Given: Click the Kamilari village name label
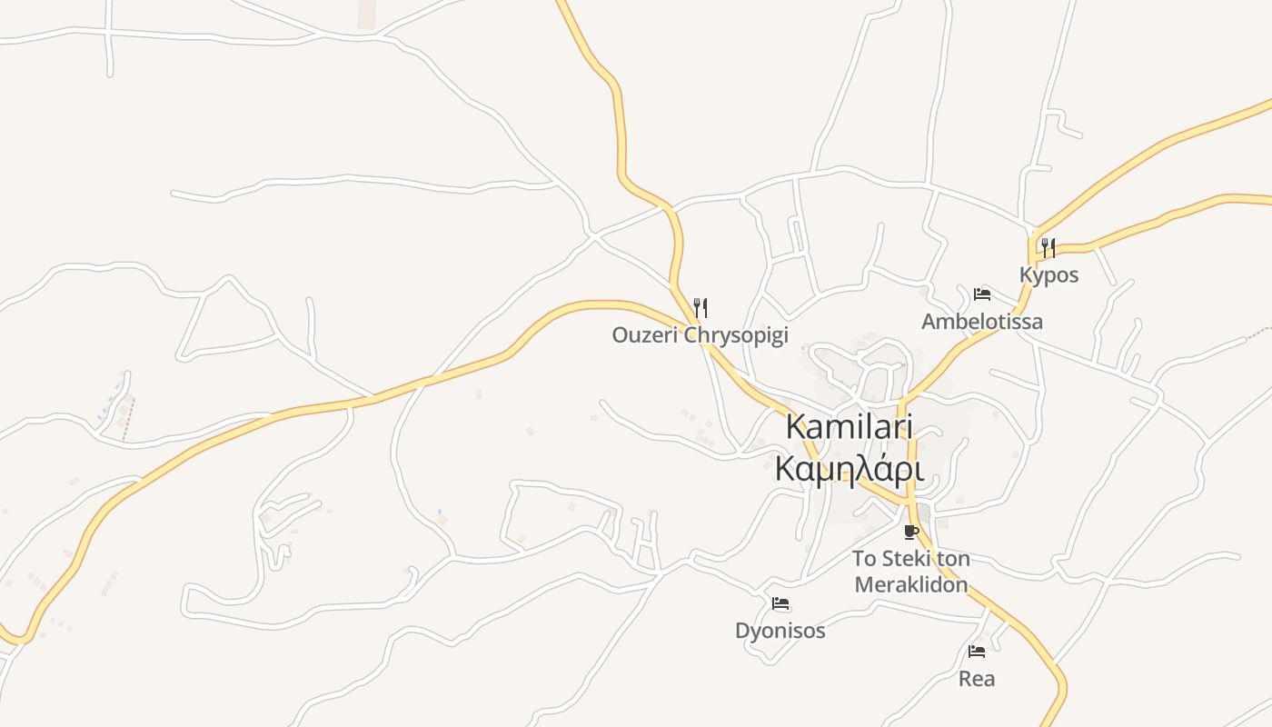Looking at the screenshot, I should pyautogui.click(x=849, y=427).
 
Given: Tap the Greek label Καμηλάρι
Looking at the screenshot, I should pyautogui.click(x=849, y=469).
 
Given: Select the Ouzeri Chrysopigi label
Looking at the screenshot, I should pyautogui.click(x=700, y=335).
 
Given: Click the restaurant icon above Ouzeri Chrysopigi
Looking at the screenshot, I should pyautogui.click(x=700, y=308).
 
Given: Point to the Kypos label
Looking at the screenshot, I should pyautogui.click(x=1048, y=275).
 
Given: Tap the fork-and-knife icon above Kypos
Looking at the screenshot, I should pyautogui.click(x=1048, y=247).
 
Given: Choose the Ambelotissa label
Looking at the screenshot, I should pyautogui.click(x=982, y=322).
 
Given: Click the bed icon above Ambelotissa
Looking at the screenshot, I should pyautogui.click(x=982, y=294).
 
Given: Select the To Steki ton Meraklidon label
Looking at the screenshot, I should pyautogui.click(x=911, y=572).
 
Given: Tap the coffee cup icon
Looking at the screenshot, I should pyautogui.click(x=911, y=532).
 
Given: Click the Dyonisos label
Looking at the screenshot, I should pyautogui.click(x=780, y=631).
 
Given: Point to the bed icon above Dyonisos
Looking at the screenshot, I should pyautogui.click(x=780, y=603).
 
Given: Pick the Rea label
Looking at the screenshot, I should pyautogui.click(x=977, y=679).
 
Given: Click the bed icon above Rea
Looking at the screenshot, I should pyautogui.click(x=977, y=652).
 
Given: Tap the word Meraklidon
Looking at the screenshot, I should pyautogui.click(x=911, y=584).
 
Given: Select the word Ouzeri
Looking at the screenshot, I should pyautogui.click(x=644, y=335).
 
